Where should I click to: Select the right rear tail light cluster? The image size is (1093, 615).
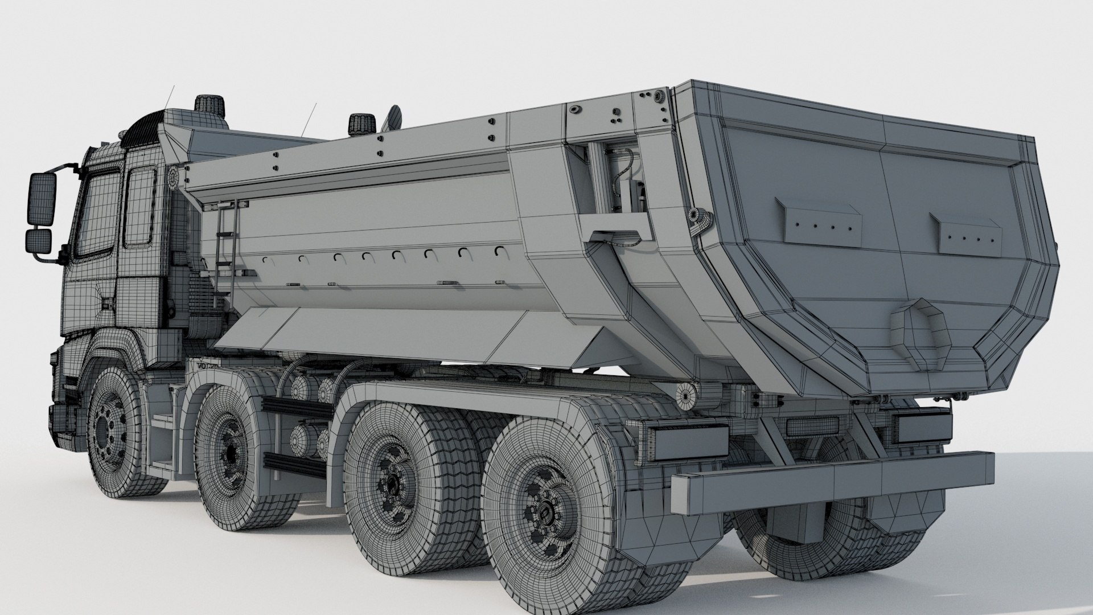(922, 427)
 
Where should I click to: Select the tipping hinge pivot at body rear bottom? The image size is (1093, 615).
(687, 393)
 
